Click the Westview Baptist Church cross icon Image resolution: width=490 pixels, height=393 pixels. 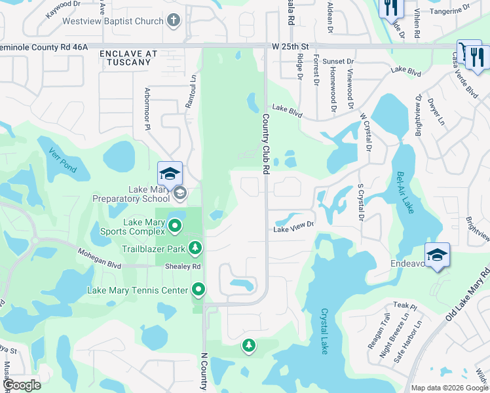coord(174,21)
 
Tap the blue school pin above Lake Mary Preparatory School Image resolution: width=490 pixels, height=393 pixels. coord(170,174)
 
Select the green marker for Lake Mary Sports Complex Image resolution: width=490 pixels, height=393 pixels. coord(175,227)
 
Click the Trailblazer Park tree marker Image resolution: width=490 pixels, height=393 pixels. coord(195,248)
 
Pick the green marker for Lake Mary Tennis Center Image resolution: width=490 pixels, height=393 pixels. coord(198,289)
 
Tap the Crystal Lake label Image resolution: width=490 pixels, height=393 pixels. coord(324,331)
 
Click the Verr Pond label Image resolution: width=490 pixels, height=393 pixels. coord(63,160)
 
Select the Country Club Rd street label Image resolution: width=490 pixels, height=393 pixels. coord(266,144)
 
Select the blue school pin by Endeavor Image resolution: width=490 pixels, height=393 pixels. coord(437,255)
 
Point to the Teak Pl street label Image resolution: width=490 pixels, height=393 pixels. coord(401,306)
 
